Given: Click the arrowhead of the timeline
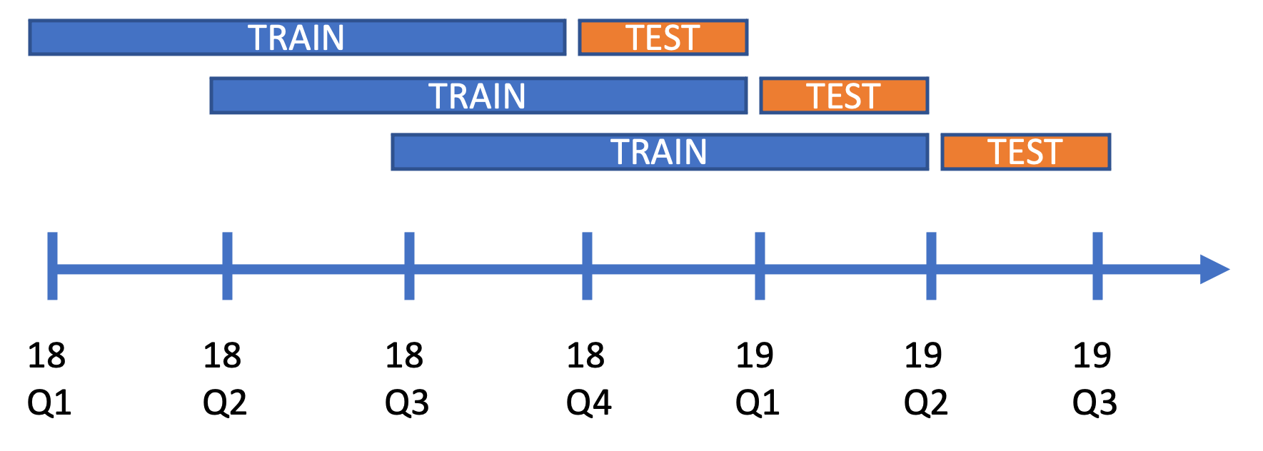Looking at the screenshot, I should click(x=1214, y=269).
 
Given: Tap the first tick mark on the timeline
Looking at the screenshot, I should click(x=52, y=266).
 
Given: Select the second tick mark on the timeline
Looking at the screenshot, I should click(x=227, y=266).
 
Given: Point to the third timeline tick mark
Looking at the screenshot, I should click(x=409, y=266).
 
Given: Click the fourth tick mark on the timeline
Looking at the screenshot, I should click(x=587, y=266).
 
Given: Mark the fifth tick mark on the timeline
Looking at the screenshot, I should click(x=760, y=266).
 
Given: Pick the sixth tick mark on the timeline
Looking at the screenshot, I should click(x=931, y=266).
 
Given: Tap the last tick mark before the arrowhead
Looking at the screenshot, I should click(x=1097, y=266).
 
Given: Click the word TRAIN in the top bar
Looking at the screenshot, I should click(x=296, y=38).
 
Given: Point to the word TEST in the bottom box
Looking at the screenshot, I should click(x=1025, y=152).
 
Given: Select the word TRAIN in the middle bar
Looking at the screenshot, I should click(x=478, y=96).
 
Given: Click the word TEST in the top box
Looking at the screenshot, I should click(x=663, y=38).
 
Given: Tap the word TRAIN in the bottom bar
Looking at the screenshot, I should click(x=659, y=152).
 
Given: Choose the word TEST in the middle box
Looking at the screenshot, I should click(x=843, y=96).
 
